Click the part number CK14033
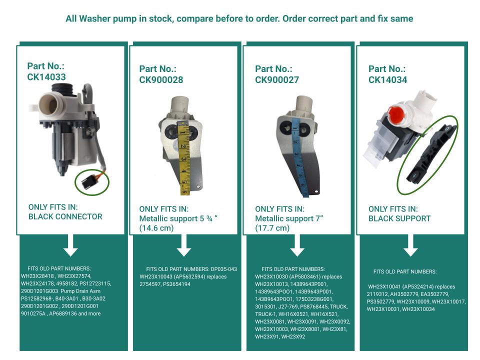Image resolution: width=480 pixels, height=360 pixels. tap(46, 77)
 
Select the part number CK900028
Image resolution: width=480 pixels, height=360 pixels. tap(161, 79)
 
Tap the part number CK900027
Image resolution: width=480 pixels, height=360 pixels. tap(276, 79)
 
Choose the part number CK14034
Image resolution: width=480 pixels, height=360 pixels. tap(387, 79)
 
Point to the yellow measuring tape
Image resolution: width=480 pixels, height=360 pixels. tap(183, 158)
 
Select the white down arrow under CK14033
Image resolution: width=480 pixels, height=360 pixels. tap(70, 245)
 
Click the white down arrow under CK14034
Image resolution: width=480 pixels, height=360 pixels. tap(410, 245)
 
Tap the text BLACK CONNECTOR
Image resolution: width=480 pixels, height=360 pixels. tap(65, 216)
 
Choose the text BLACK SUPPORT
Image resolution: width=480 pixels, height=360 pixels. tap(399, 218)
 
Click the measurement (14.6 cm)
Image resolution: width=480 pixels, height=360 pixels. tap(156, 228)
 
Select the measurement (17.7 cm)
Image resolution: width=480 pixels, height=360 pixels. tap(272, 228)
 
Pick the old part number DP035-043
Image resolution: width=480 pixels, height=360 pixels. tap(224, 269)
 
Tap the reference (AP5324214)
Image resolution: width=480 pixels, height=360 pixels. tap(418, 287)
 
